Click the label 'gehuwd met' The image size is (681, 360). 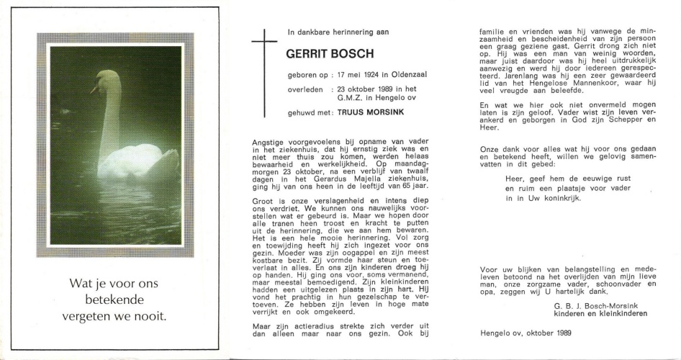tap(310, 112)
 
